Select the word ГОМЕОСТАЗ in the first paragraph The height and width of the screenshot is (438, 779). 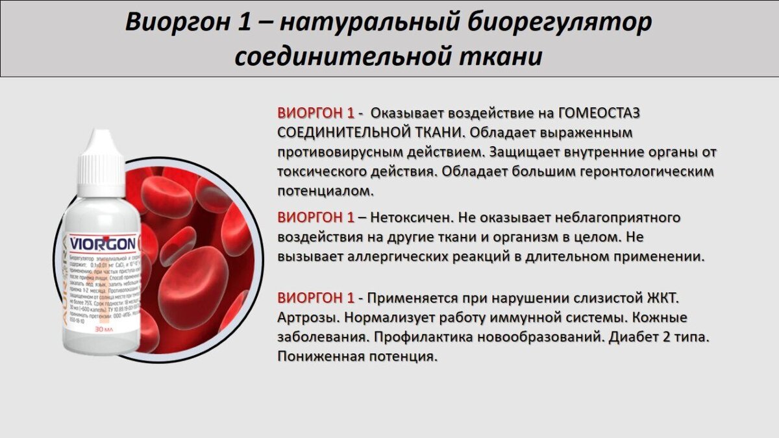tap(599, 113)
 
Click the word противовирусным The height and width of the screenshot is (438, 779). tap(338, 152)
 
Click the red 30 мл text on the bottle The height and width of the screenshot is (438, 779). tap(105, 329)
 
